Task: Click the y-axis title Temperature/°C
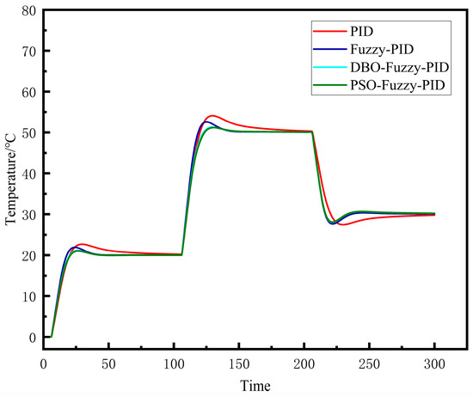tap(11, 173)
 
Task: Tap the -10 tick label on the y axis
tap(26, 378)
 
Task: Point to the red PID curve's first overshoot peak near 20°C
tap(81, 244)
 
